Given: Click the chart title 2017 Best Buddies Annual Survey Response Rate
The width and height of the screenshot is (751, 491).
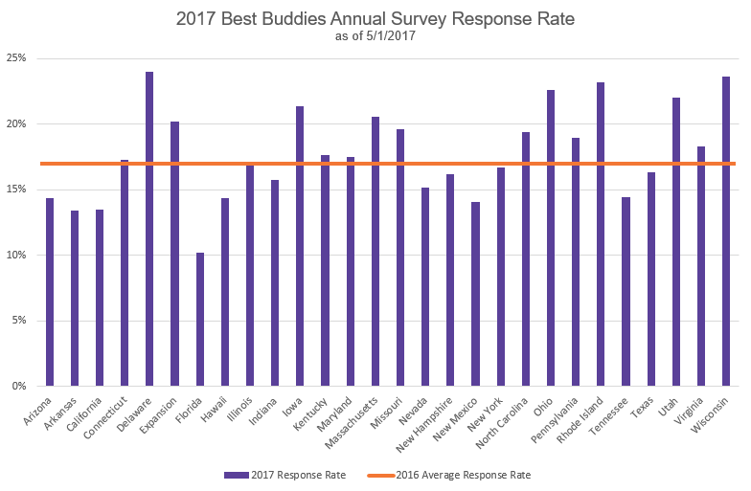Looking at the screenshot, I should point(375,18).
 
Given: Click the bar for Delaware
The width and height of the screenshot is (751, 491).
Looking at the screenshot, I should point(149,229).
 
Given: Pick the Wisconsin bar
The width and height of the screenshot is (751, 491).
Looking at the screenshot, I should point(726,231).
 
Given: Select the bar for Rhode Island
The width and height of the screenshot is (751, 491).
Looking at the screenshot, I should point(601,234).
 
